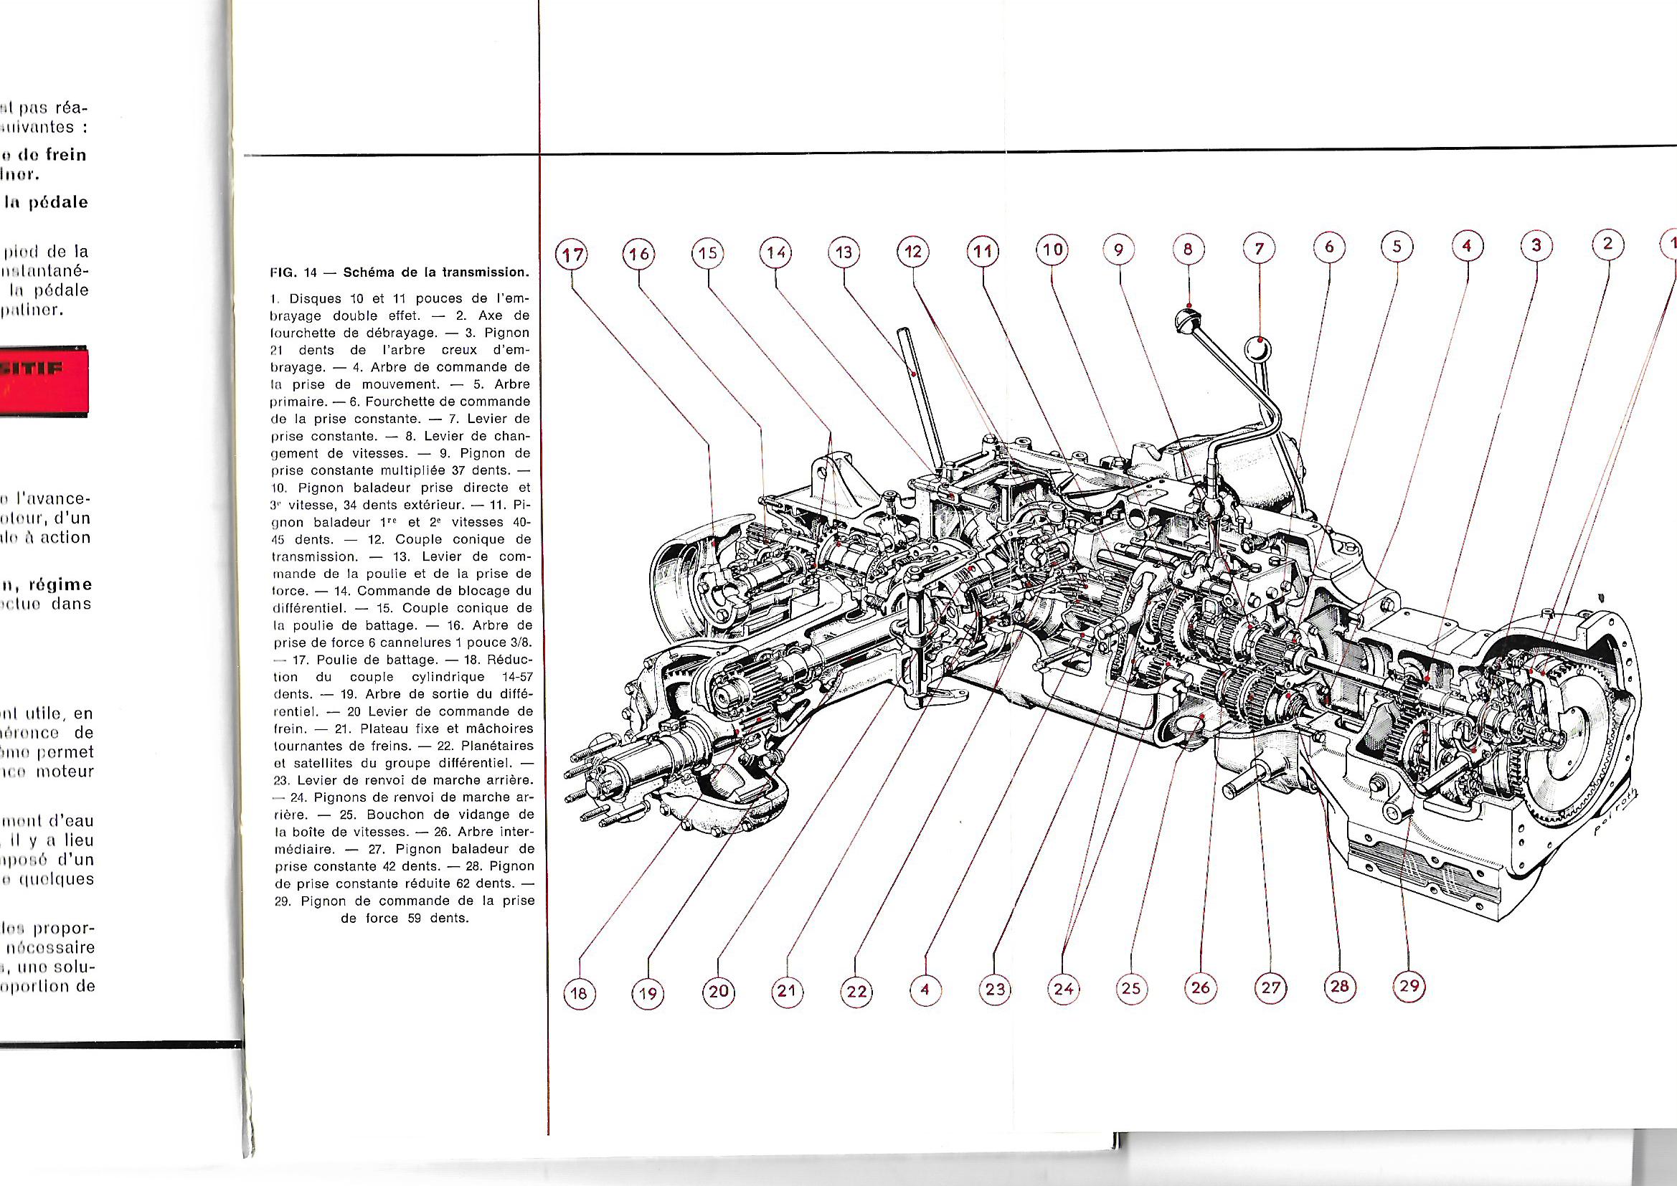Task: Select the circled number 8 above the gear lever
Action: click(x=1189, y=250)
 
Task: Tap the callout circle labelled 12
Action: click(x=913, y=252)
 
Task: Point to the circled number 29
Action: click(x=1409, y=987)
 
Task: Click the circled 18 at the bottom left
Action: click(x=580, y=993)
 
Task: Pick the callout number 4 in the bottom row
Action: click(x=925, y=990)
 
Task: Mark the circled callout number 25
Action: click(x=1130, y=989)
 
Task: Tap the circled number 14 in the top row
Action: click(x=775, y=253)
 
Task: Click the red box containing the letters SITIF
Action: click(x=44, y=383)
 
